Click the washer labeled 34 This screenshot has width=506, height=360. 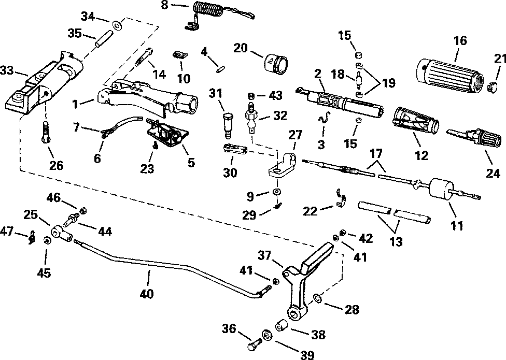[x=116, y=25]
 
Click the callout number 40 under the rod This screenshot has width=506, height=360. [x=147, y=294]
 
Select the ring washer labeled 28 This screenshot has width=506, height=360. [x=317, y=298]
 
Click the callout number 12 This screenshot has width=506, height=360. [x=421, y=155]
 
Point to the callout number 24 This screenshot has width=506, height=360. [x=493, y=174]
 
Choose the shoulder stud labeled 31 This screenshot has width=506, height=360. [x=228, y=125]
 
